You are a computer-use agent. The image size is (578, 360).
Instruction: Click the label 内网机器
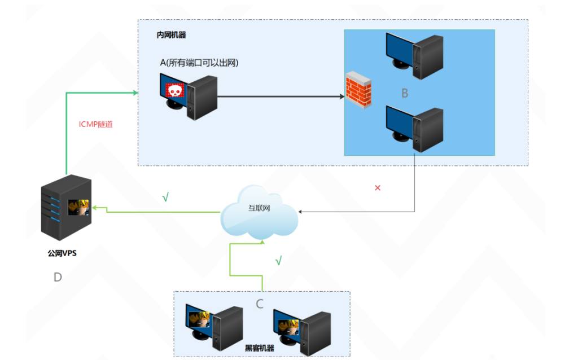[x=171, y=35]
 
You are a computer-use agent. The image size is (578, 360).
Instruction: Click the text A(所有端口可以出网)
[x=199, y=63]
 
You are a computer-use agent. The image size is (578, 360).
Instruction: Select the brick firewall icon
[x=359, y=89]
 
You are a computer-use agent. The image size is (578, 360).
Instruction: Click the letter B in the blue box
[x=404, y=93]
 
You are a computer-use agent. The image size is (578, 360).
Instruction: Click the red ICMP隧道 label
[x=99, y=124]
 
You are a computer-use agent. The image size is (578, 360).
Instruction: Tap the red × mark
[x=378, y=188]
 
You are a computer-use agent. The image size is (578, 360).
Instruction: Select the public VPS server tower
[x=65, y=207]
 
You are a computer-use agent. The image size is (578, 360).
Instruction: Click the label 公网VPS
[x=62, y=253]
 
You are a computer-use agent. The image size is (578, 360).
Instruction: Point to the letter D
[x=58, y=276]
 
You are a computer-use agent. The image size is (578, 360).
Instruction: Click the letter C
[x=260, y=304]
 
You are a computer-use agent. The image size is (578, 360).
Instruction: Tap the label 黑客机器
[x=259, y=348]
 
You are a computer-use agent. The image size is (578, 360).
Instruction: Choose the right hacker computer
[x=301, y=330]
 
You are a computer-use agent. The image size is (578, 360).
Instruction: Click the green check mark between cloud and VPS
[x=165, y=198]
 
